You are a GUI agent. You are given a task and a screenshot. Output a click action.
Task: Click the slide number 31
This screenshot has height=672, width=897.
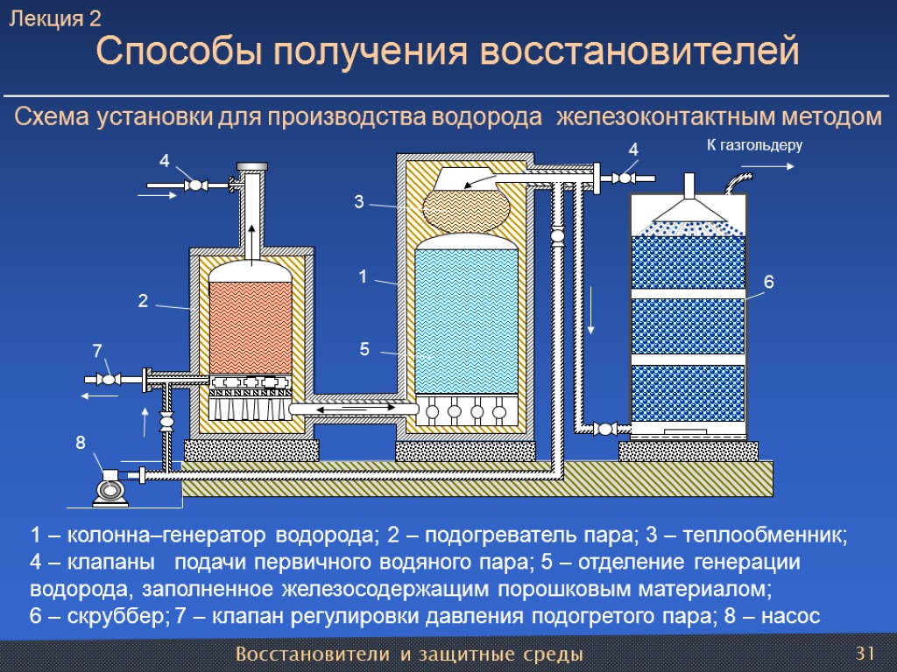point(865,654)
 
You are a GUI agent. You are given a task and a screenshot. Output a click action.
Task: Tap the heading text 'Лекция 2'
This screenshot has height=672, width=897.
point(55,19)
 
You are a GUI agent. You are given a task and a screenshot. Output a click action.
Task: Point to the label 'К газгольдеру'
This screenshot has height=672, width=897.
point(754,144)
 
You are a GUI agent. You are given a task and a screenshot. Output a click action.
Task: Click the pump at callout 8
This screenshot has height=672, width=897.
point(110,487)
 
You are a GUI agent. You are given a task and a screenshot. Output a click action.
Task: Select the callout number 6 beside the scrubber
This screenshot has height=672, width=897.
point(769,283)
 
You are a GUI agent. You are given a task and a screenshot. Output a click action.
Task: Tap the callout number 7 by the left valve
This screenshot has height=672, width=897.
point(97,351)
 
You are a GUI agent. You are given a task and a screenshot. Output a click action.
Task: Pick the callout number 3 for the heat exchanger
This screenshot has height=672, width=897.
point(358,203)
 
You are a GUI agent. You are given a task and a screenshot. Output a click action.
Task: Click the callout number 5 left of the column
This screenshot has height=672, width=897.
point(364,350)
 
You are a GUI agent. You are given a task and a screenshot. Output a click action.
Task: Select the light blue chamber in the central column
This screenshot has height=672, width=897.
point(465,319)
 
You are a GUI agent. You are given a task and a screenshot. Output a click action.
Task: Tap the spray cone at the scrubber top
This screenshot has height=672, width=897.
point(689,209)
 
